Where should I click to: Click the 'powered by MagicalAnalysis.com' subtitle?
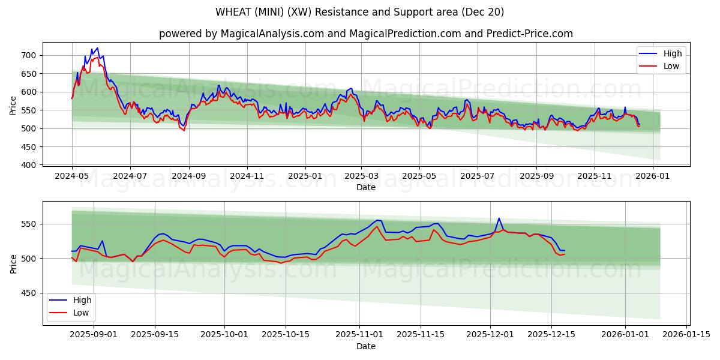click(x=365, y=34)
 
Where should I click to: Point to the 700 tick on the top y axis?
click(x=29, y=55)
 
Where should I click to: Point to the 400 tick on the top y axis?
click(x=29, y=165)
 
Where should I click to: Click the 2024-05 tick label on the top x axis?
click(x=72, y=176)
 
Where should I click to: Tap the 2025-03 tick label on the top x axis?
click(x=361, y=176)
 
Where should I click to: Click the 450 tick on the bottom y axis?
click(x=29, y=293)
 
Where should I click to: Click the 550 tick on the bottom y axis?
click(x=29, y=224)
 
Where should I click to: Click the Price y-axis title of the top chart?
click(x=13, y=104)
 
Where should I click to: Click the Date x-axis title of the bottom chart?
click(x=365, y=346)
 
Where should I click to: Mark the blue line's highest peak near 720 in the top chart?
click(x=97, y=48)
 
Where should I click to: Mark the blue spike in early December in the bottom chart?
click(x=499, y=218)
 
